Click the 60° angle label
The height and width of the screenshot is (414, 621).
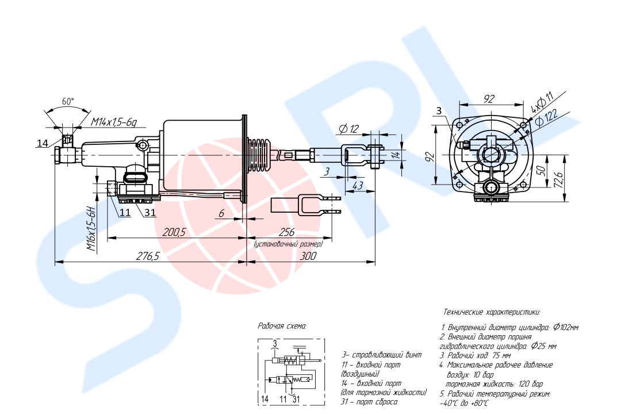68,101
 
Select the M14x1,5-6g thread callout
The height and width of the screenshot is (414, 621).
114,122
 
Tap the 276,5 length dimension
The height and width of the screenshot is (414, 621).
147,256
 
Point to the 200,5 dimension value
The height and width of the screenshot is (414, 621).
174,232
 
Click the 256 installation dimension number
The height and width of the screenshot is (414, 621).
287,232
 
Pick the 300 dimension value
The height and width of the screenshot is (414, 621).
308,256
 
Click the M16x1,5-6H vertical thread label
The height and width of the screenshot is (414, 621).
92,229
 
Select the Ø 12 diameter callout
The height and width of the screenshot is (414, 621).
349,129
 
